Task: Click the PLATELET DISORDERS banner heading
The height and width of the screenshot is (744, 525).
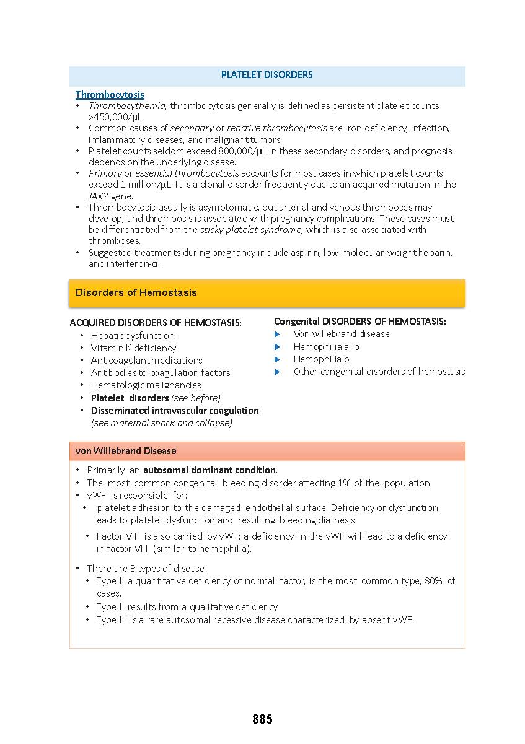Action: [x=267, y=75]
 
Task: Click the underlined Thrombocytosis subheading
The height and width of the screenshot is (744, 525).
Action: [x=110, y=95]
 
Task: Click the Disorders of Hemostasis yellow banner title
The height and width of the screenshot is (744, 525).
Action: [x=136, y=292]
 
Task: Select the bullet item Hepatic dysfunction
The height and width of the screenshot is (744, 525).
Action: [x=133, y=336]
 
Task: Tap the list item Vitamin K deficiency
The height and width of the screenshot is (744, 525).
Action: [x=133, y=348]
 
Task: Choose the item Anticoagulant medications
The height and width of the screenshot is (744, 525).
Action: [x=146, y=361]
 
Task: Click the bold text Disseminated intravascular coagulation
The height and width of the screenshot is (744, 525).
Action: [x=175, y=411]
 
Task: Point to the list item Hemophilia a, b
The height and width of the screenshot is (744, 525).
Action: [x=326, y=347]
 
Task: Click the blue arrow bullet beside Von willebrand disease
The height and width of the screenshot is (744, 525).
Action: [x=278, y=334]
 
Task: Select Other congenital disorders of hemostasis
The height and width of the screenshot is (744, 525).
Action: [x=379, y=372]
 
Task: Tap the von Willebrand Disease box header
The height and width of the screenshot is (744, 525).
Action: [x=126, y=451]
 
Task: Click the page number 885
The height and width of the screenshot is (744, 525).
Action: [x=262, y=719]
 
